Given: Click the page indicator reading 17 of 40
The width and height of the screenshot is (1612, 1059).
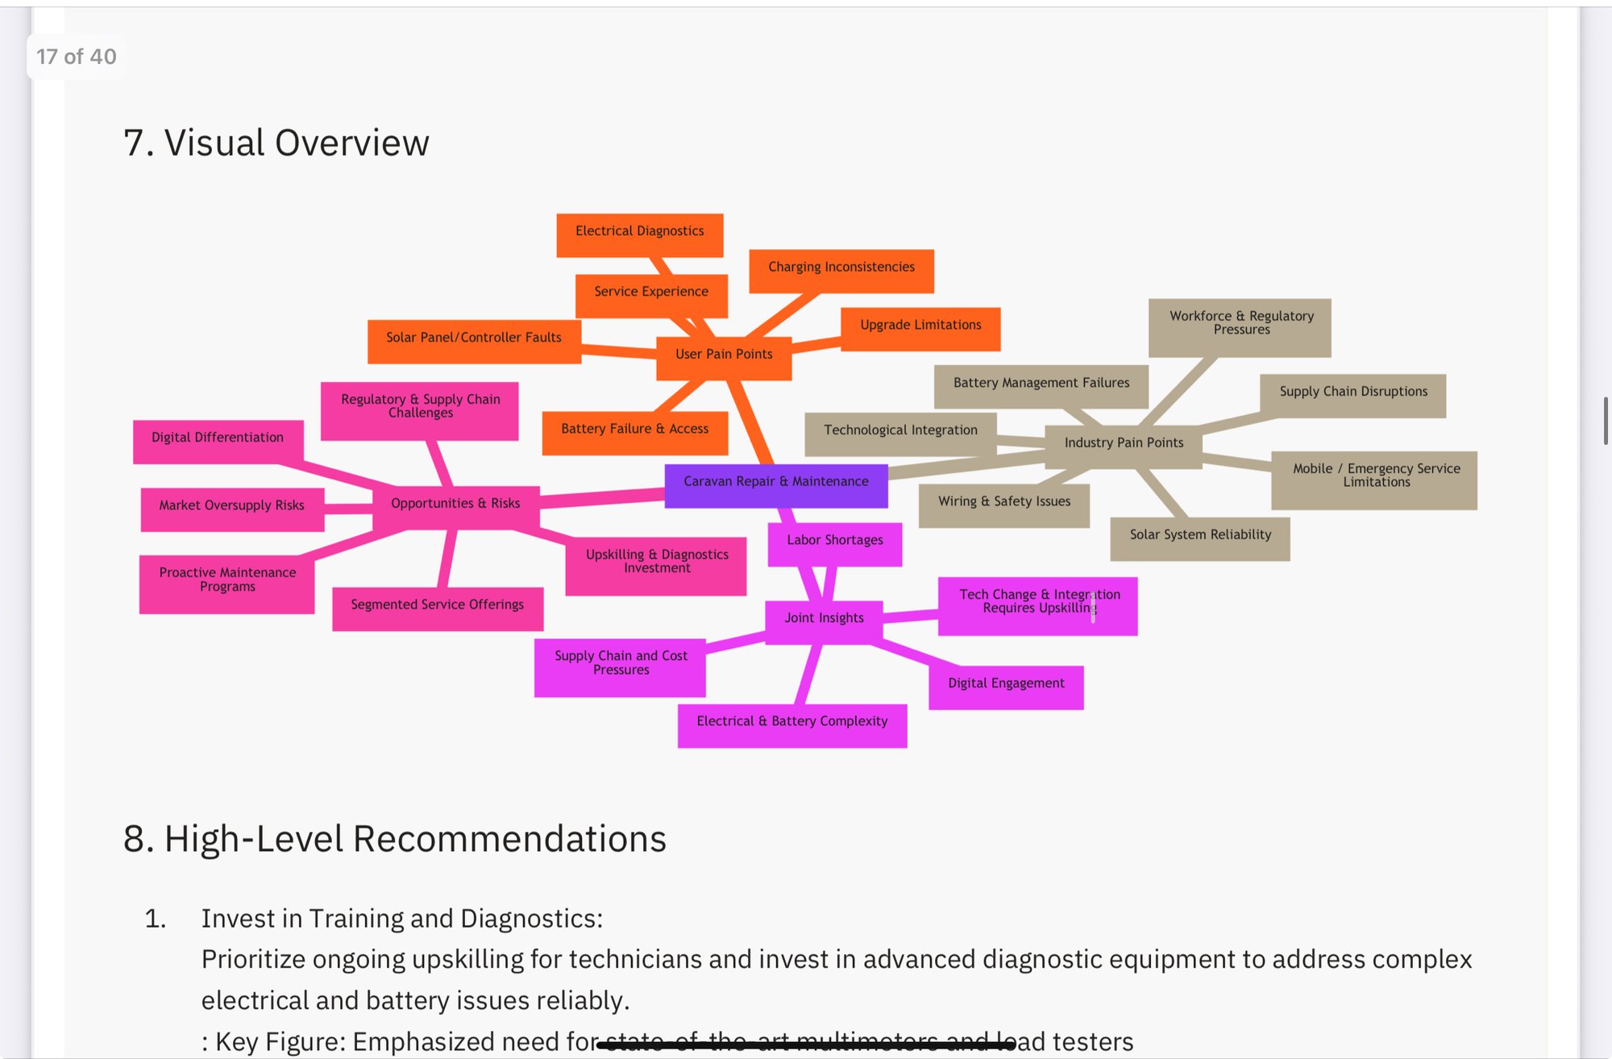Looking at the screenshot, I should tap(77, 56).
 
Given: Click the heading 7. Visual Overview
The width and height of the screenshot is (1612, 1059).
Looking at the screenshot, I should tap(276, 143).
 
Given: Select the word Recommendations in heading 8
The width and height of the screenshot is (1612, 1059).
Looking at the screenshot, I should tap(509, 839).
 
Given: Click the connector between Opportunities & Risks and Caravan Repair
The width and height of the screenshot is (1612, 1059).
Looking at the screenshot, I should tap(603, 498).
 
